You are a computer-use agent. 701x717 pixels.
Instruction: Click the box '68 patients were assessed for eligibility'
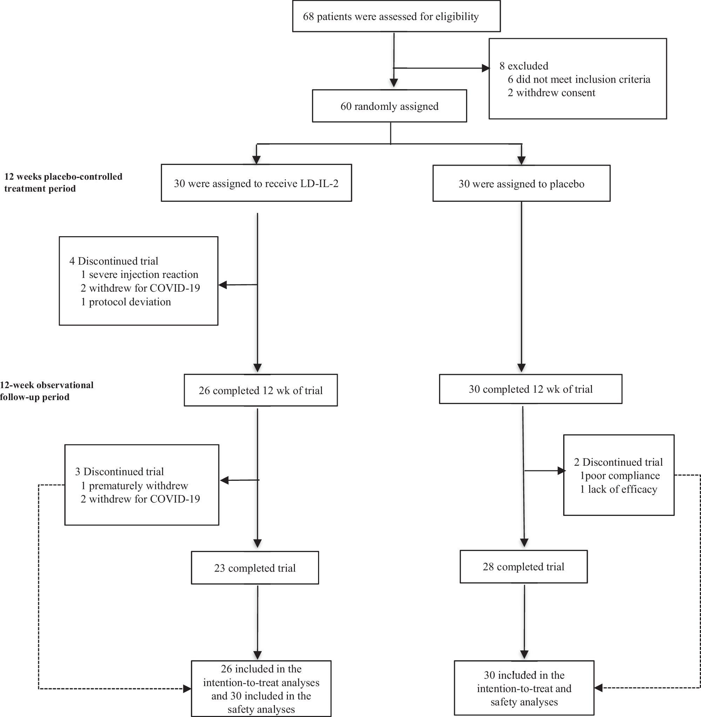[396, 16]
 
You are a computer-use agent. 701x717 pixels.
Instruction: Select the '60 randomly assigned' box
[389, 106]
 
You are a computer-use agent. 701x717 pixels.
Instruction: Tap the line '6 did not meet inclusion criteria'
[579, 79]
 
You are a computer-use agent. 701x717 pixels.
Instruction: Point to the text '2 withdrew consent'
[551, 93]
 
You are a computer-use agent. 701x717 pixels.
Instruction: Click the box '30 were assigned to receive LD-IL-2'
[256, 183]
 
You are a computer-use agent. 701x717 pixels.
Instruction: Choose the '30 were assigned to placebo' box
[521, 184]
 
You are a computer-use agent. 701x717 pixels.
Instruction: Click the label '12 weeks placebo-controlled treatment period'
[63, 182]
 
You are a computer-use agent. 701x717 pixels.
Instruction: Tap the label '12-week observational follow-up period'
[46, 391]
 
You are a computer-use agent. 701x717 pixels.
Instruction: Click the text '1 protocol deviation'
[126, 302]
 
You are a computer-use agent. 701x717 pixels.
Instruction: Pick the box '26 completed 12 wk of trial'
[261, 390]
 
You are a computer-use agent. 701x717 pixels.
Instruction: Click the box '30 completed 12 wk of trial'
[531, 389]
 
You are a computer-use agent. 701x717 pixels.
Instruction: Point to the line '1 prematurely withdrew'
[134, 486]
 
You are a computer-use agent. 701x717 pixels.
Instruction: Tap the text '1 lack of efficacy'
[619, 489]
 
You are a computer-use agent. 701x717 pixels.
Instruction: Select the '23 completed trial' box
[255, 568]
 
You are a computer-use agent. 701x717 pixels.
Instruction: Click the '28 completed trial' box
[523, 567]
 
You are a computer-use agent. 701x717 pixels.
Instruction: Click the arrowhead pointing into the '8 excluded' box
[486, 68]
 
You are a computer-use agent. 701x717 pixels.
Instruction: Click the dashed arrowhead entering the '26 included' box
[187, 688]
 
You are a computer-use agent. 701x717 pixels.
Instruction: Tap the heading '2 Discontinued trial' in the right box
[618, 462]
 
